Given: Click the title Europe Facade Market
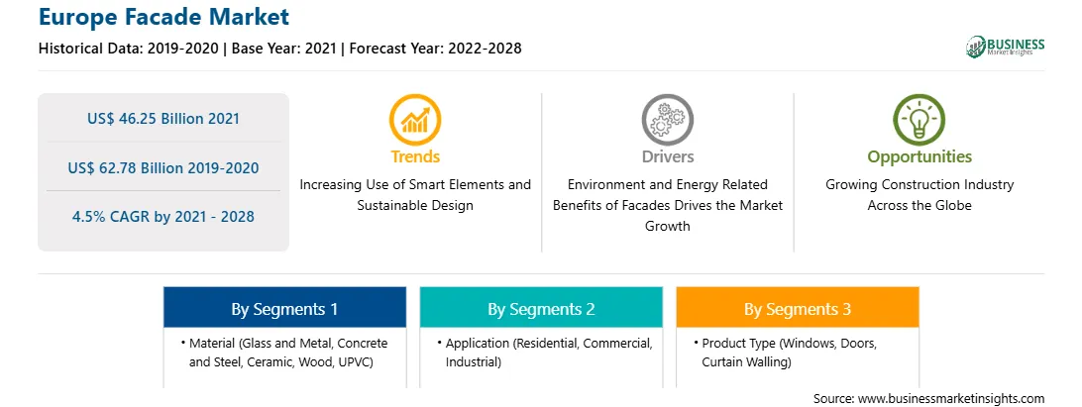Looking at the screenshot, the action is [163, 16].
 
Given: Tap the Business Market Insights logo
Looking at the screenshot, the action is [1005, 47].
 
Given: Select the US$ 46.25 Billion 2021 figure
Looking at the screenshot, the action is [163, 119].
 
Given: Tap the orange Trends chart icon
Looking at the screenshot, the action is [415, 120].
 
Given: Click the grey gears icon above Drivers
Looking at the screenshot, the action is [667, 120].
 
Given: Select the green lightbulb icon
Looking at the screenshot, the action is [920, 120].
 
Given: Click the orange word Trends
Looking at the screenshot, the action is [415, 156].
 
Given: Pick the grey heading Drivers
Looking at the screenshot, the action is [667, 156].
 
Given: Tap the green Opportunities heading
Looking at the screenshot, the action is [920, 157].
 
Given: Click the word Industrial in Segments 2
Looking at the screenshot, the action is [474, 361].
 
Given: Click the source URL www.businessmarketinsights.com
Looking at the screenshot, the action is [950, 398].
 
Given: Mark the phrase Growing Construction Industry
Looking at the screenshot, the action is [920, 185].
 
